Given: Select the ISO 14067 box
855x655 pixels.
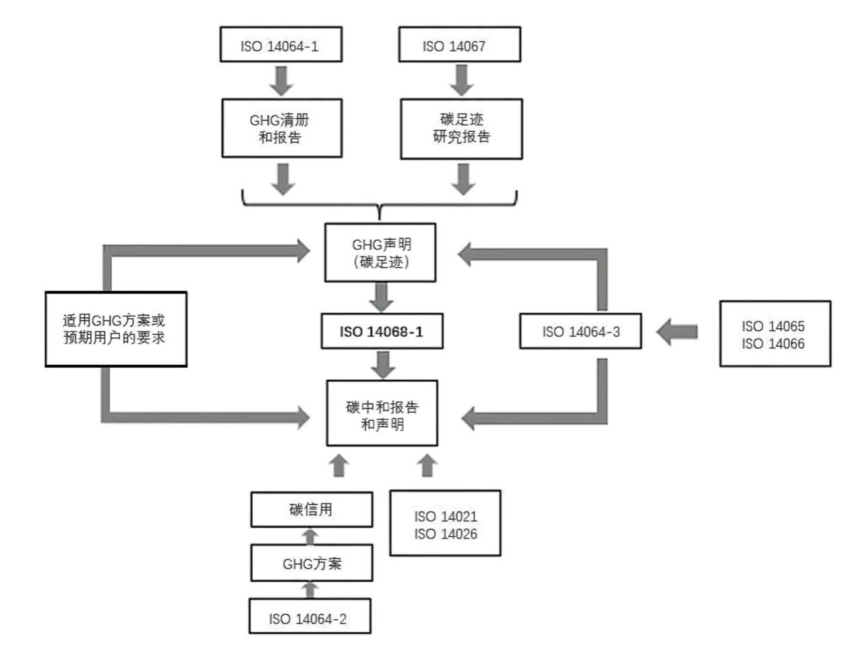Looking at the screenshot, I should (459, 45).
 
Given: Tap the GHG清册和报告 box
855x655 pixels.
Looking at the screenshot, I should (282, 128).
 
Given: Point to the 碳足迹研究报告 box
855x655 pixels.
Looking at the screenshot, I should (461, 129).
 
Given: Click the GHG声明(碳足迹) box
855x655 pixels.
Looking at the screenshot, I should (380, 253).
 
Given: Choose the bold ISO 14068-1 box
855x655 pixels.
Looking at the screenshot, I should (382, 331).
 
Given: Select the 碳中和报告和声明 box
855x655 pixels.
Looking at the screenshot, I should (382, 414).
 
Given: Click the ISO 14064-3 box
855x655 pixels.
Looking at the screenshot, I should (580, 331).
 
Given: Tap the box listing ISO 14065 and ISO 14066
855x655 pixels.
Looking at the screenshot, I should (774, 334).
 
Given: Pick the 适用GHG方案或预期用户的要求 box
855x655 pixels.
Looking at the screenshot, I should (115, 329).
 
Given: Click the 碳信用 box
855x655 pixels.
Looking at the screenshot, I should (312, 509).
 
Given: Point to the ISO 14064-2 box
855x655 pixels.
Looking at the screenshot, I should (309, 617).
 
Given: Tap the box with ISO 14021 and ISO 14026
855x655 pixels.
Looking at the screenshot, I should (445, 523).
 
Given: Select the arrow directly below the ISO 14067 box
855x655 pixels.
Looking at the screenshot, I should (461, 80).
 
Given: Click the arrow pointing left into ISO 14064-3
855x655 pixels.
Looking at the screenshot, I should (677, 332).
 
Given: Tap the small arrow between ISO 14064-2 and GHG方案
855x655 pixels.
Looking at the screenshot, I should (309, 589).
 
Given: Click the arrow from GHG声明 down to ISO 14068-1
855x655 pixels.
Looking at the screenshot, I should (382, 297).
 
